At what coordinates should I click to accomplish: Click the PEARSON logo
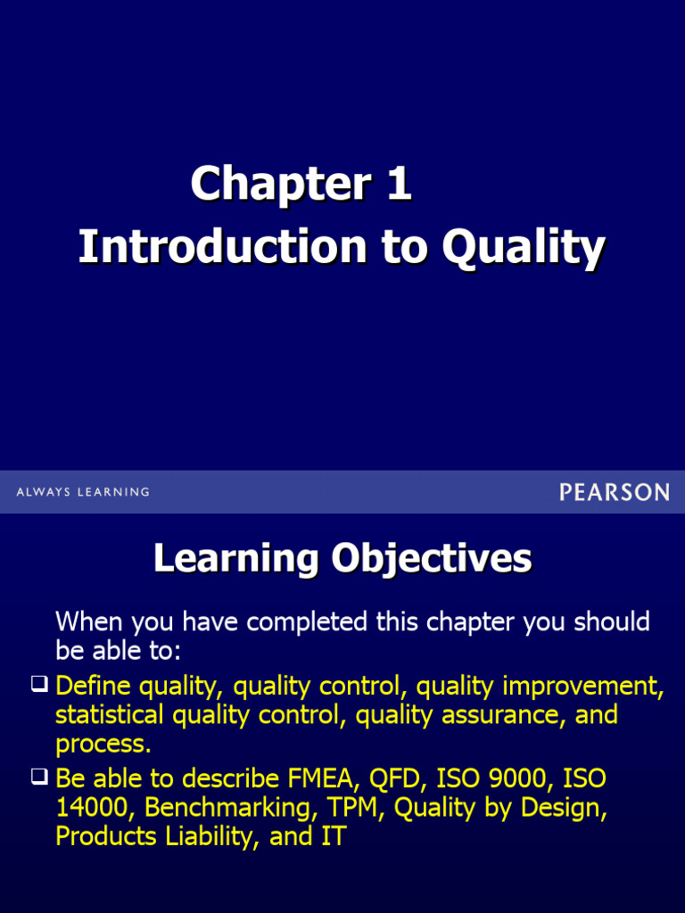click(614, 491)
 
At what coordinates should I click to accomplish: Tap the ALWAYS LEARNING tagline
click(83, 492)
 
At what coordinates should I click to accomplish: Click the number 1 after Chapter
click(399, 185)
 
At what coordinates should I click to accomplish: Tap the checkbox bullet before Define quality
click(38, 685)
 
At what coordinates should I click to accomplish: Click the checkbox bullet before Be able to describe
click(38, 777)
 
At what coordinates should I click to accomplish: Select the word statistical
click(110, 715)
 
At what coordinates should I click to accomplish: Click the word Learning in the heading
click(236, 559)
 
